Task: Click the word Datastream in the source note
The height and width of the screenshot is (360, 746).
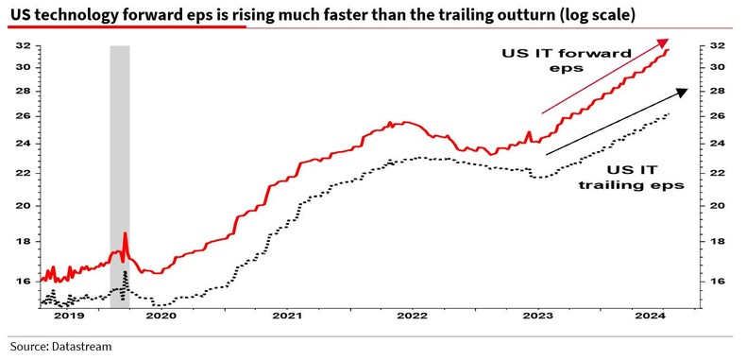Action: [81, 347]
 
